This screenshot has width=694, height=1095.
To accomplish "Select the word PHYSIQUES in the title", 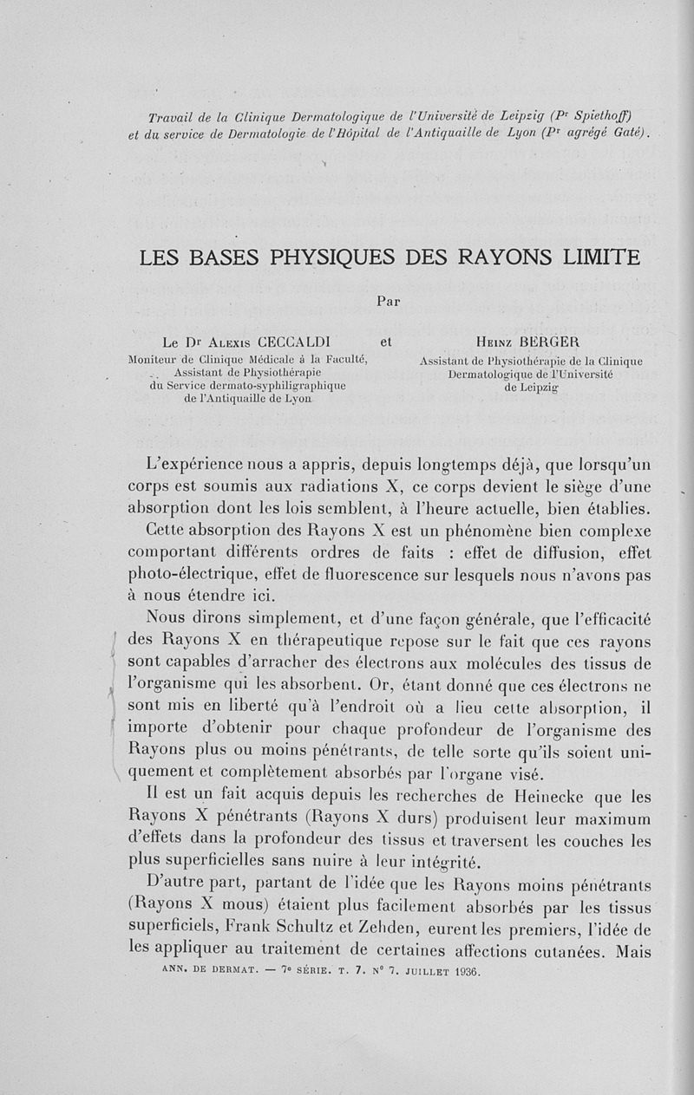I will [328, 257].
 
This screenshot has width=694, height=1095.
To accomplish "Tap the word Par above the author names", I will [389, 302].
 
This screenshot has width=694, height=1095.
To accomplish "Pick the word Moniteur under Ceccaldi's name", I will [153, 358].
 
